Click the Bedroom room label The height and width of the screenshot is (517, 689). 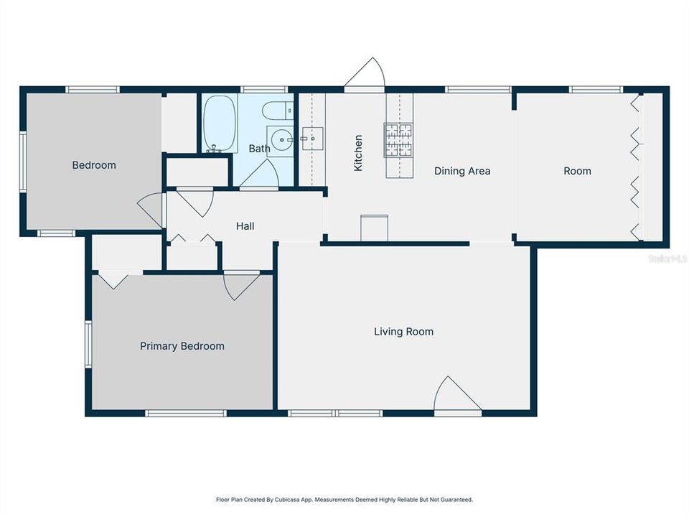pos(94,165)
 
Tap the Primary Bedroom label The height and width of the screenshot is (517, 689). pos(182,346)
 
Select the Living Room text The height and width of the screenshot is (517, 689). pos(403,332)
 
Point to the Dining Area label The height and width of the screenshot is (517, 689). pos(462,171)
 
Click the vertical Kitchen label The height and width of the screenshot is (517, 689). pos(358,153)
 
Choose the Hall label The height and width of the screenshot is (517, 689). pos(245,226)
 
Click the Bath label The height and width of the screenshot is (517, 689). pos(259,149)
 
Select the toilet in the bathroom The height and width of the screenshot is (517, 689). pos(278,111)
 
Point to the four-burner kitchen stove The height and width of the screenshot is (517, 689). pos(400,140)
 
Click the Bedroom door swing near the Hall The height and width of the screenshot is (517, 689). pos(151,211)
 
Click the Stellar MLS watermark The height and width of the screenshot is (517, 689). pos(667,257)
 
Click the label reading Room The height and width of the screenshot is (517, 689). pos(577,171)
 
